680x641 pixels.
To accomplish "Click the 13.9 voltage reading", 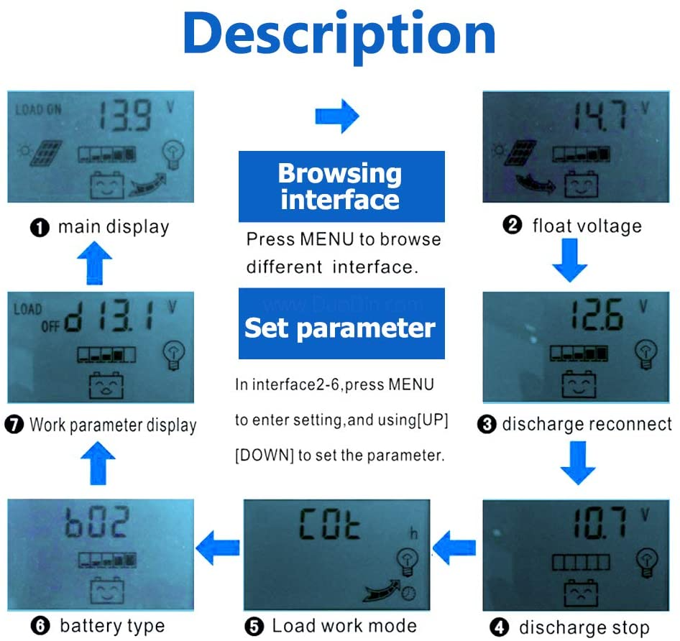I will (124, 116).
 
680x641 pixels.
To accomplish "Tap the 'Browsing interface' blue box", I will (341, 186).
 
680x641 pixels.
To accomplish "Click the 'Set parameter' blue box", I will (341, 328).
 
